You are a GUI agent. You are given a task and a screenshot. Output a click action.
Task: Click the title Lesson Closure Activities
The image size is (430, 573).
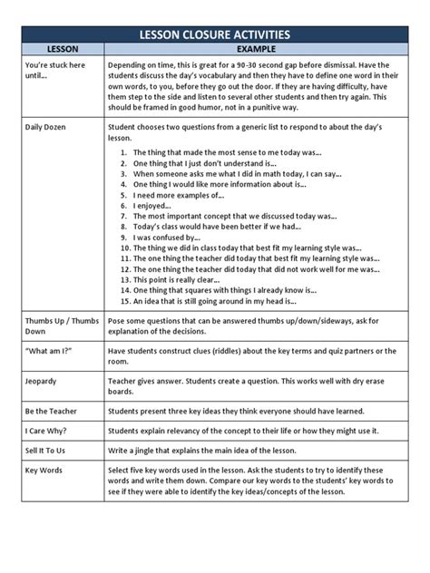(x=214, y=34)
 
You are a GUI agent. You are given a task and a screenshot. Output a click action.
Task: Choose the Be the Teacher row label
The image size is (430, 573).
(x=51, y=411)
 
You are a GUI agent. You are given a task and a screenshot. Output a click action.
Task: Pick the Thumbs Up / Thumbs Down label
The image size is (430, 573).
(x=60, y=326)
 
